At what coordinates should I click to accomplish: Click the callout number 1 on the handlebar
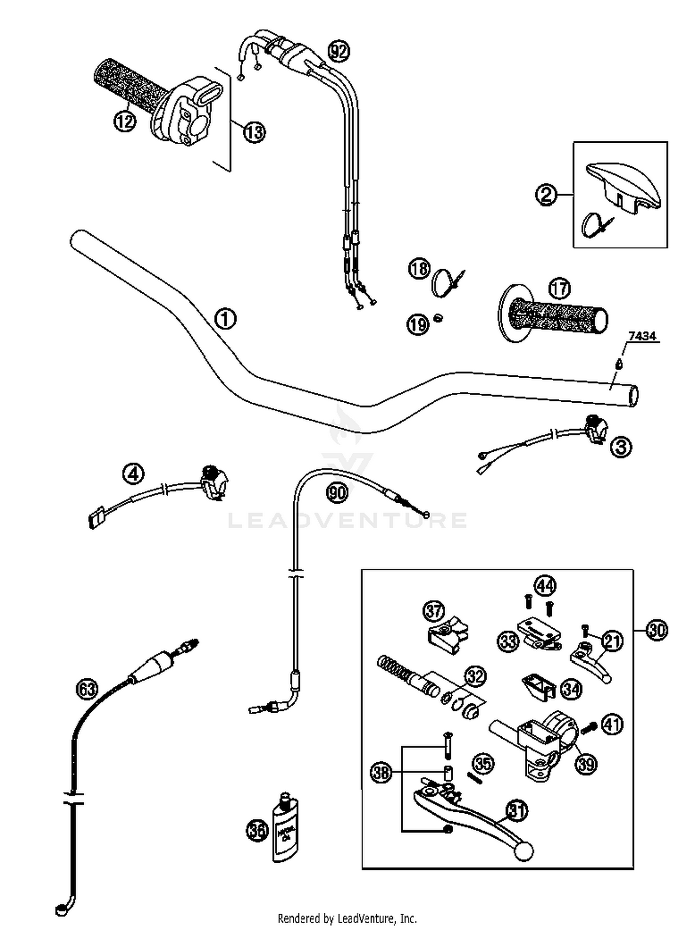coord(226,319)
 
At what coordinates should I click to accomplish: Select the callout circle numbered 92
coord(339,51)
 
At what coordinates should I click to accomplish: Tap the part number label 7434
coord(642,336)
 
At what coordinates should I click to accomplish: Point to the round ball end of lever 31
coord(524,851)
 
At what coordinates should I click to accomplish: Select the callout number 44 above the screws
coord(545,586)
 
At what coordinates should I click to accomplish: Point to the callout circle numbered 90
coord(337,493)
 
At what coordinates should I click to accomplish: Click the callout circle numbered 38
coord(382,772)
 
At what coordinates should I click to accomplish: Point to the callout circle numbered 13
coord(254,133)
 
